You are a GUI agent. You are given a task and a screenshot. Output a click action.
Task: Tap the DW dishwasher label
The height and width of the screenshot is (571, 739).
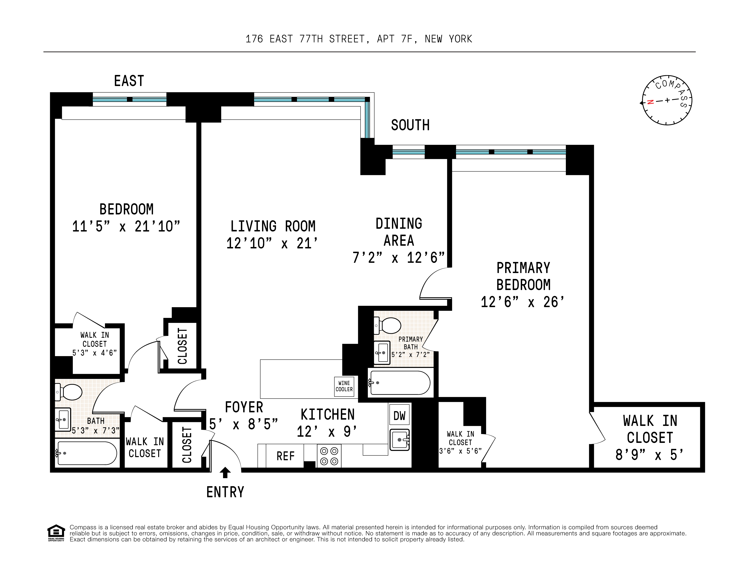(x=399, y=416)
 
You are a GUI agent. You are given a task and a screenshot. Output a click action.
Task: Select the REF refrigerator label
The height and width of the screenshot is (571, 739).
(x=285, y=456)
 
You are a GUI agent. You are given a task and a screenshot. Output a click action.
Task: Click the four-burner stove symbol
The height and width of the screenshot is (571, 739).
(x=329, y=456)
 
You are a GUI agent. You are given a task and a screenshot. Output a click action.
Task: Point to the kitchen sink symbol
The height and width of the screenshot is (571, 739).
(x=400, y=440)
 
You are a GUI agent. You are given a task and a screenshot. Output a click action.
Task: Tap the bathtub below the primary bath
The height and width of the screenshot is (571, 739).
(x=400, y=383)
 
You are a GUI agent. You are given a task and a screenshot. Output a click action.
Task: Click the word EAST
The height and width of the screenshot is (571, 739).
(x=129, y=81)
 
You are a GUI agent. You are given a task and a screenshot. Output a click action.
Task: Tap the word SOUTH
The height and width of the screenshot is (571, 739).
(x=410, y=125)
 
